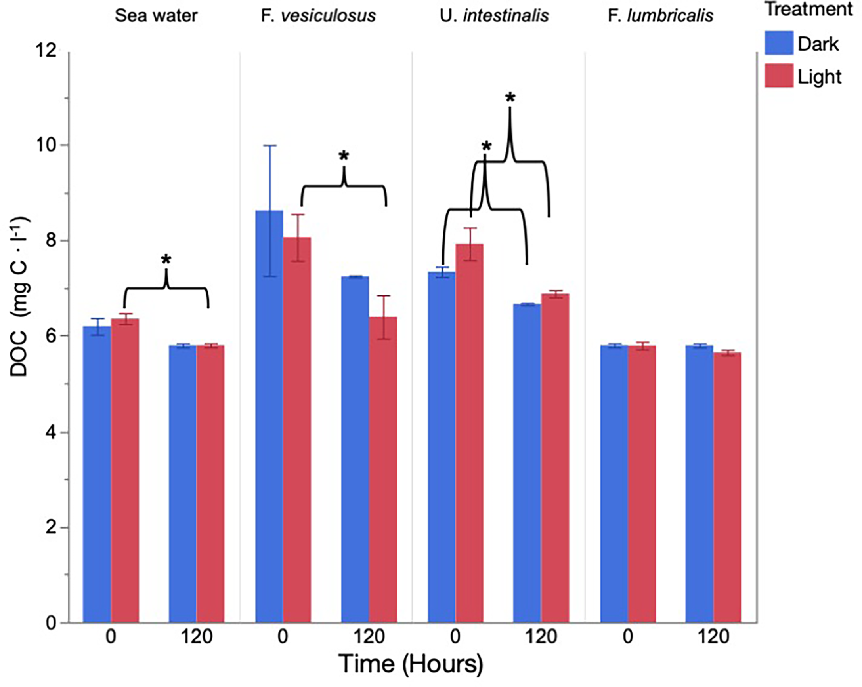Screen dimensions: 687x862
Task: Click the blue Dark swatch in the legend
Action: (778, 43)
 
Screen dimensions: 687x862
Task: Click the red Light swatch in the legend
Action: (778, 76)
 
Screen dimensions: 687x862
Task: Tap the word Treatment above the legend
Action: (808, 10)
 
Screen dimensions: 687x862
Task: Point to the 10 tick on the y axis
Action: (45, 145)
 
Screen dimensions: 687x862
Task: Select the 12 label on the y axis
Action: (45, 51)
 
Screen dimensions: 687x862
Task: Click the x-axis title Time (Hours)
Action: (411, 664)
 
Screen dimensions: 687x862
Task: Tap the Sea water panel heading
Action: (156, 16)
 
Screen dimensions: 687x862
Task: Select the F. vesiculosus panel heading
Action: (318, 16)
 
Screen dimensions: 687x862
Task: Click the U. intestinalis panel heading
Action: (494, 16)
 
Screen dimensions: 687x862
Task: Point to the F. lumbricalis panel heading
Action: (661, 16)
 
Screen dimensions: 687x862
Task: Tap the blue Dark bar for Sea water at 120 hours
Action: (182, 483)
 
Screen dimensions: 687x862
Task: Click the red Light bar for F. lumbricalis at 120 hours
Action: (727, 487)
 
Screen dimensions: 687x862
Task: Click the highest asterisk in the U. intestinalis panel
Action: (510, 97)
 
